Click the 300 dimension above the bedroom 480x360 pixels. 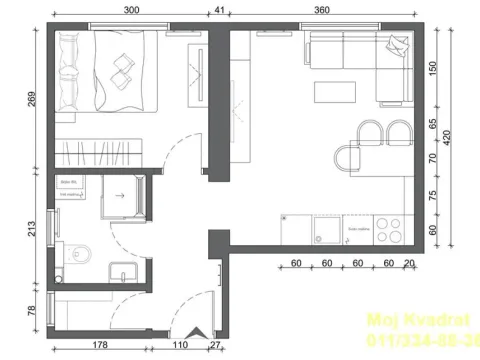point(131,9)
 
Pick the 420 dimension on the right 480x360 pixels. point(461,134)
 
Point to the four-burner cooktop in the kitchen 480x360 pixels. point(389,230)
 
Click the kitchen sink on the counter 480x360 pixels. point(325,232)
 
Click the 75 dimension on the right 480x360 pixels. point(433,197)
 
